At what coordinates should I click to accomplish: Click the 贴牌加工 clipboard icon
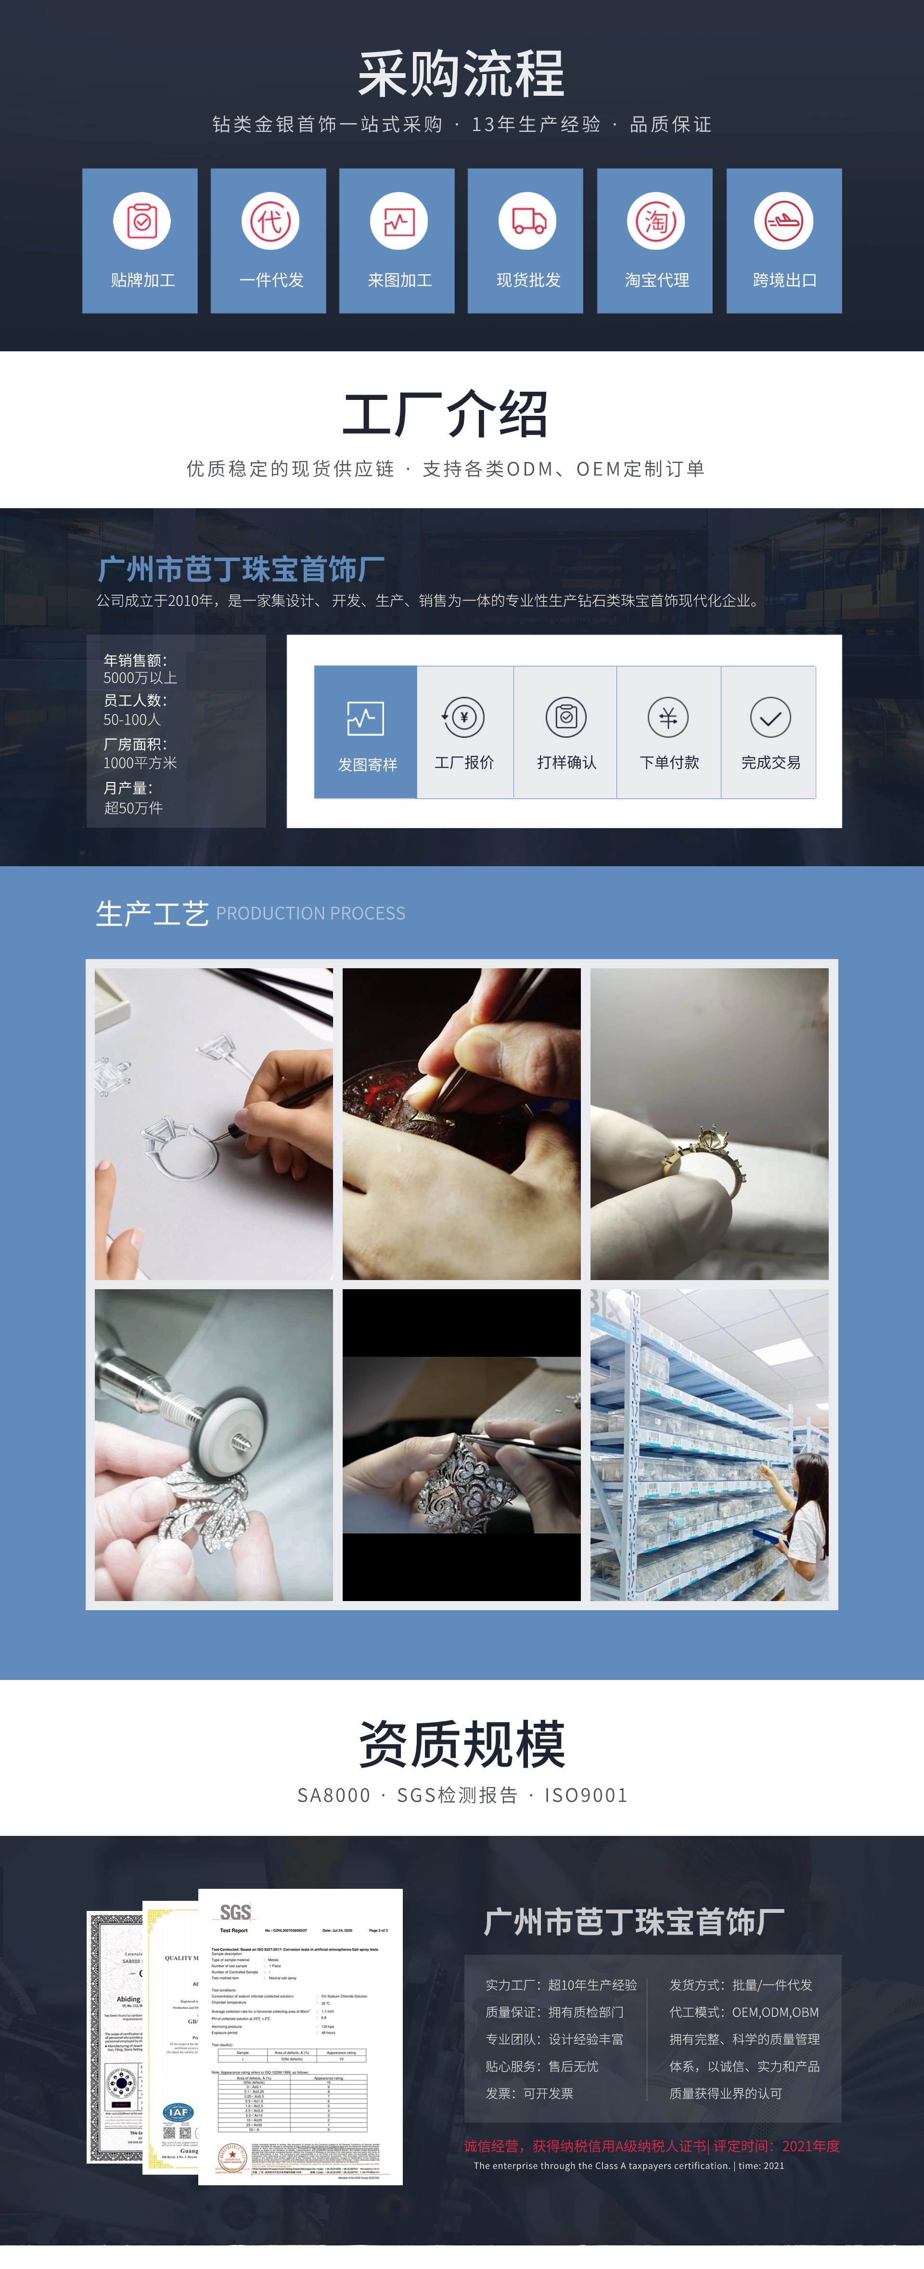pyautogui.click(x=141, y=220)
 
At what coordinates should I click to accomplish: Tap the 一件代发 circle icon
pyautogui.click(x=269, y=220)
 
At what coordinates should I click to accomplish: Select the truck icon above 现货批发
pyautogui.click(x=527, y=220)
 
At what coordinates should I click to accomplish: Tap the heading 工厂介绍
pyautogui.click(x=445, y=414)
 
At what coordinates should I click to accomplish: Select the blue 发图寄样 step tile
pyautogui.click(x=366, y=732)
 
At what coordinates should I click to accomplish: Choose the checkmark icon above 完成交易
pyautogui.click(x=770, y=717)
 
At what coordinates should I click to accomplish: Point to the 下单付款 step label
pyautogui.click(x=668, y=762)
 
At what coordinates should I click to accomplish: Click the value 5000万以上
pyautogui.click(x=140, y=678)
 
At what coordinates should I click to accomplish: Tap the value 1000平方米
pyautogui.click(x=140, y=763)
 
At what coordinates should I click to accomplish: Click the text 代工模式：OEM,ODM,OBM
pyautogui.click(x=744, y=2012)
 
